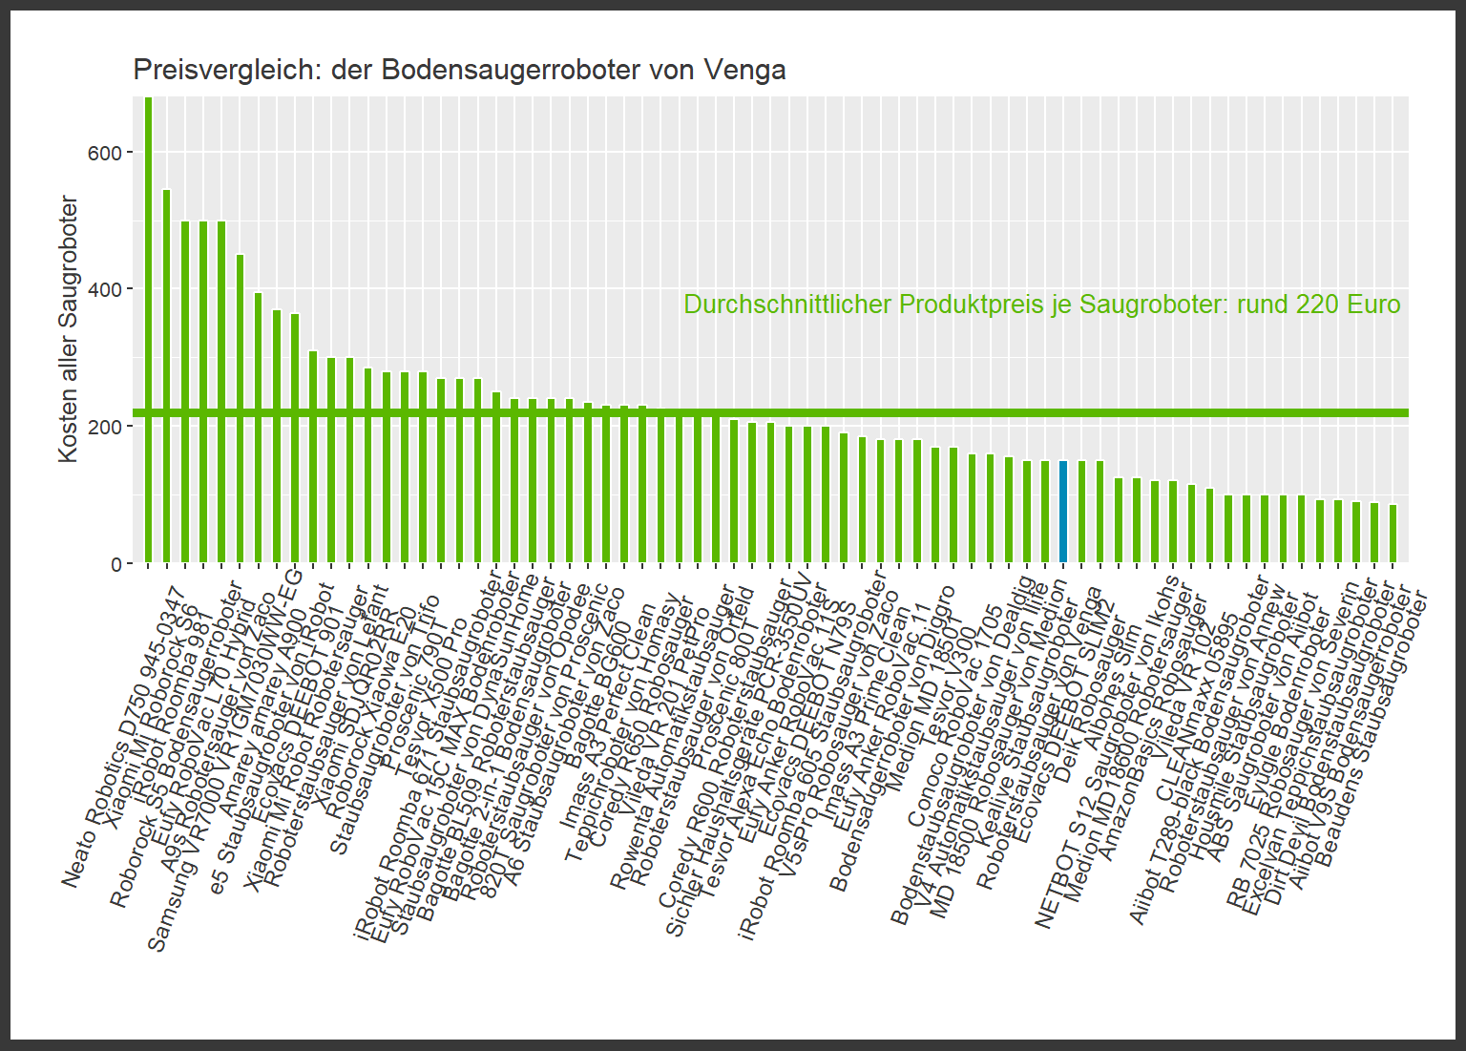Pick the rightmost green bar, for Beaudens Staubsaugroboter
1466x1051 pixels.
tap(1393, 534)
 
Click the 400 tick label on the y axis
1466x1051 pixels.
tap(103, 289)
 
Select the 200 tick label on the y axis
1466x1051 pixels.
tap(103, 427)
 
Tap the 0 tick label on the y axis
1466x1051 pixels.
tap(115, 564)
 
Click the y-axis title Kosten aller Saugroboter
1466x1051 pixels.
tap(68, 329)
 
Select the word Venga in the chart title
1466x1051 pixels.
tap(744, 70)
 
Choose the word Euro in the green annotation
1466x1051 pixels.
tap(1373, 305)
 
